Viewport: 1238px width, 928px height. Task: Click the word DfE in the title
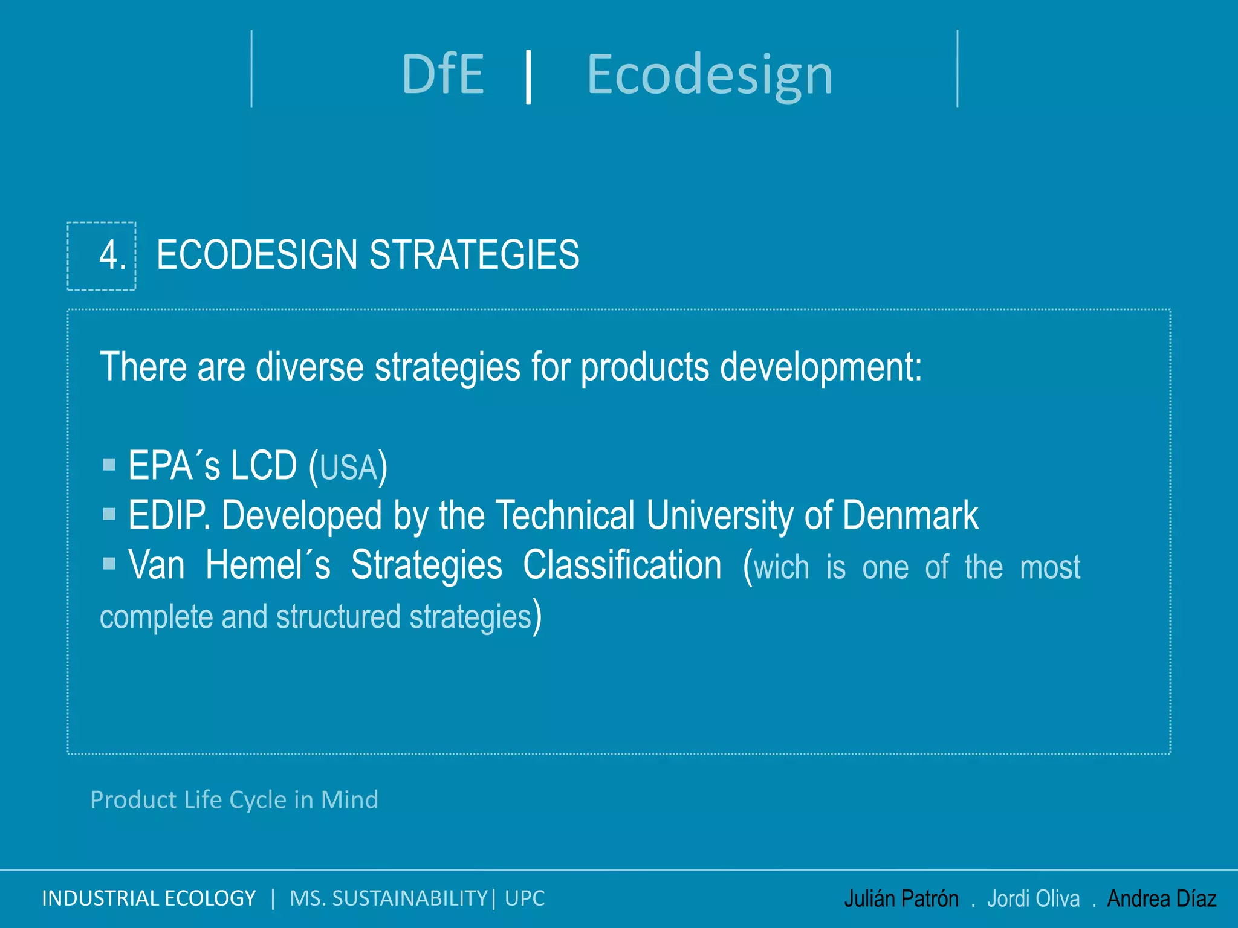click(442, 74)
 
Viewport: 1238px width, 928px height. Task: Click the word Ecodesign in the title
click(710, 76)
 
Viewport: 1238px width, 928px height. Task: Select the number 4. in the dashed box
click(112, 255)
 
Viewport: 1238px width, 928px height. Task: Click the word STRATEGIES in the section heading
click(474, 255)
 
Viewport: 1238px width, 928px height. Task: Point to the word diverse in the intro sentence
click(309, 367)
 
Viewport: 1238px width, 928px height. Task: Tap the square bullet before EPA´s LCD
click(109, 464)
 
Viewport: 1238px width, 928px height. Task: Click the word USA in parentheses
click(348, 468)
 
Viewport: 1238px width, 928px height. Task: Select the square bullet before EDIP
click(109, 514)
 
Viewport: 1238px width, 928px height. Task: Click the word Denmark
click(910, 515)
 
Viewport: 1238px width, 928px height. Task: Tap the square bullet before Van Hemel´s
click(109, 563)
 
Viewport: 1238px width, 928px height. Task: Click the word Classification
click(622, 565)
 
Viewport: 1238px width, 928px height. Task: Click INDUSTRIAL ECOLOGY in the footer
click(149, 898)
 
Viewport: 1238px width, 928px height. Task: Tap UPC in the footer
click(525, 898)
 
